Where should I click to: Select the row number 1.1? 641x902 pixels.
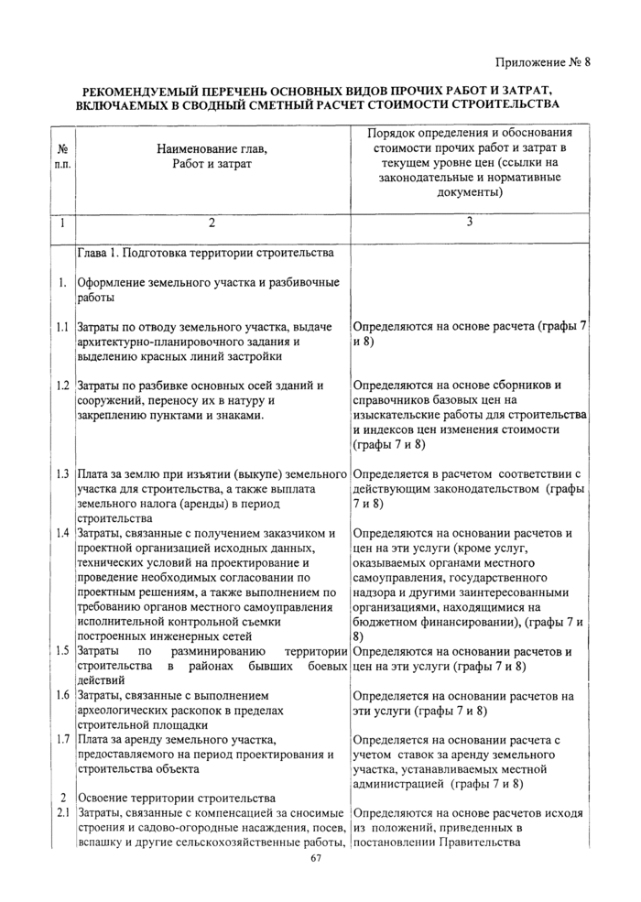[x=60, y=326]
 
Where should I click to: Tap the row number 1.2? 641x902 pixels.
[x=60, y=386]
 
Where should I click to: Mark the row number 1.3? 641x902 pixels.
[x=60, y=474]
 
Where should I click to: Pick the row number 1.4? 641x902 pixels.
[x=60, y=533]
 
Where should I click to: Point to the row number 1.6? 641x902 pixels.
[x=60, y=696]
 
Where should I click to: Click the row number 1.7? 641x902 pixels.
[x=60, y=740]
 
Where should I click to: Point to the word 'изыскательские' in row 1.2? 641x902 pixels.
[x=397, y=415]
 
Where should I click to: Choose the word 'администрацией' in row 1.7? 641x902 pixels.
[x=400, y=784]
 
